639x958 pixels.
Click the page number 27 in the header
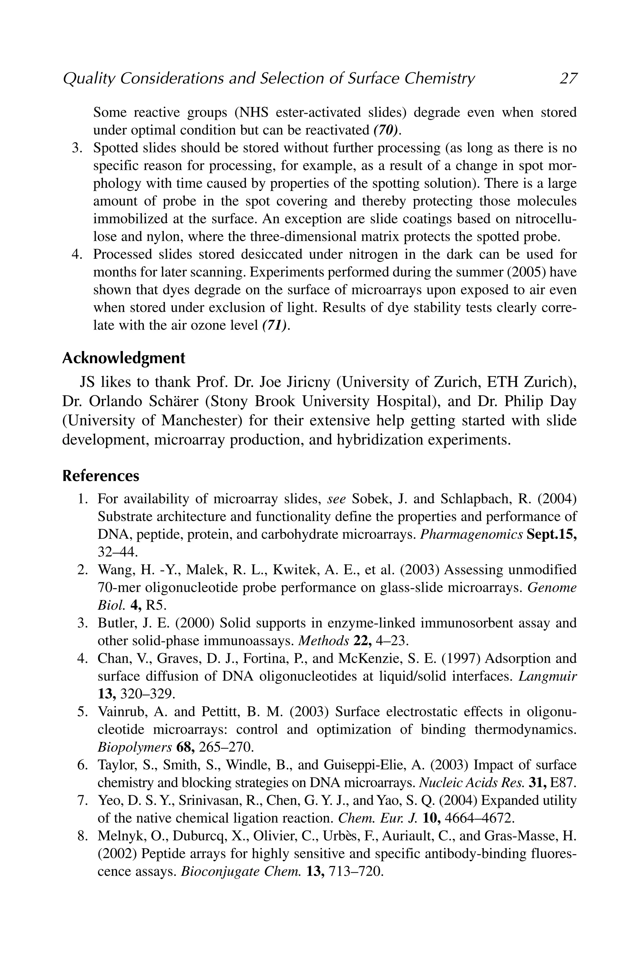point(568,78)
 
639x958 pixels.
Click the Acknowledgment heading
point(124,358)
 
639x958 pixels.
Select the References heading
point(101,476)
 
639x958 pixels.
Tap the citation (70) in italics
point(385,130)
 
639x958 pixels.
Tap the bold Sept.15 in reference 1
point(551,535)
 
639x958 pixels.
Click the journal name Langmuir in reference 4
point(547,676)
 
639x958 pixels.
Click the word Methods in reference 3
point(324,641)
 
